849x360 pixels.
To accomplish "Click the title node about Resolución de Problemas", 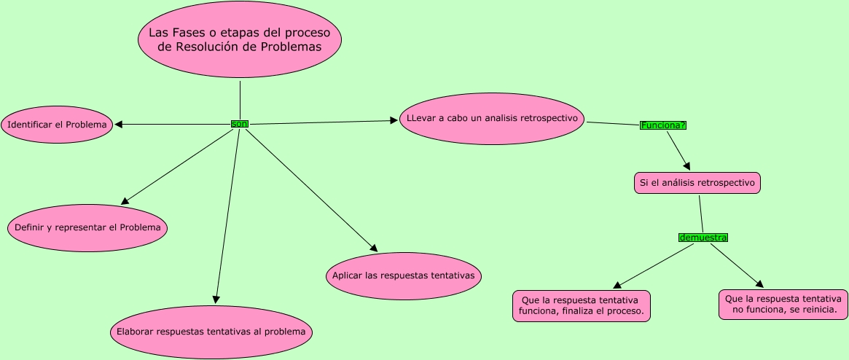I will click(x=240, y=39).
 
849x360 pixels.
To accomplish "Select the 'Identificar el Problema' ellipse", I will click(x=57, y=125).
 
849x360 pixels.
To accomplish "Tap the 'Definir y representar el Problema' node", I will click(x=87, y=227).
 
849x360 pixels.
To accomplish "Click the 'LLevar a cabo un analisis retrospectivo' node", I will click(x=492, y=118).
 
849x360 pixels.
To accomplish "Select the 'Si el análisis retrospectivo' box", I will click(x=697, y=183).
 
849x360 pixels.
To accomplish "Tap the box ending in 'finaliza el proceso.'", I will click(x=582, y=306).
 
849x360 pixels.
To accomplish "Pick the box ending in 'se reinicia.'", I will click(x=783, y=305).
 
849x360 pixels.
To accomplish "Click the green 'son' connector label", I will click(x=240, y=124).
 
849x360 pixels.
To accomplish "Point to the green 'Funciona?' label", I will click(x=663, y=125).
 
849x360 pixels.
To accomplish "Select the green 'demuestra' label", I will click(x=703, y=238).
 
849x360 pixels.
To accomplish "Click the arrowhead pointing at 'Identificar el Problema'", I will click(x=119, y=125).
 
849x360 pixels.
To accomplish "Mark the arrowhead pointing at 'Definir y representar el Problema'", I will click(x=125, y=200).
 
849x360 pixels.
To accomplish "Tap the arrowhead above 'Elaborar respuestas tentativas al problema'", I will click(x=216, y=298).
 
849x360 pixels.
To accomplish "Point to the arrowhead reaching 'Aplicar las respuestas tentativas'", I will click(x=373, y=249).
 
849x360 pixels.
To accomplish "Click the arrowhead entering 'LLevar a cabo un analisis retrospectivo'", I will click(x=394, y=120).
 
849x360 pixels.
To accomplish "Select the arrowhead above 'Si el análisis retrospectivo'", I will click(x=686, y=166).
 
